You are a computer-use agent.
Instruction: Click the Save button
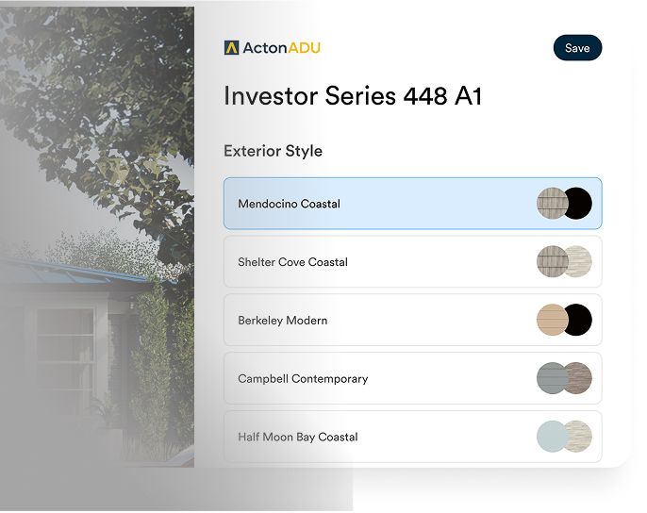click(577, 48)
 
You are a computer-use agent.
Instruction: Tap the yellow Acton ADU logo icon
click(231, 48)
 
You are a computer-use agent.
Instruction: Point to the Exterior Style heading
click(273, 151)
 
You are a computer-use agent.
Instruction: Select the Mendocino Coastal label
click(289, 204)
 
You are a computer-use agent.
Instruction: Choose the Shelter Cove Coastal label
click(292, 262)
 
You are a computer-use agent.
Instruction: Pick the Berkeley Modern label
click(282, 321)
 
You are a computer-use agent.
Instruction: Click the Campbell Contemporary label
click(303, 379)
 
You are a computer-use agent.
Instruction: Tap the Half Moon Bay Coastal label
click(297, 438)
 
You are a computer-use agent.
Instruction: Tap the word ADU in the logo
click(304, 48)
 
